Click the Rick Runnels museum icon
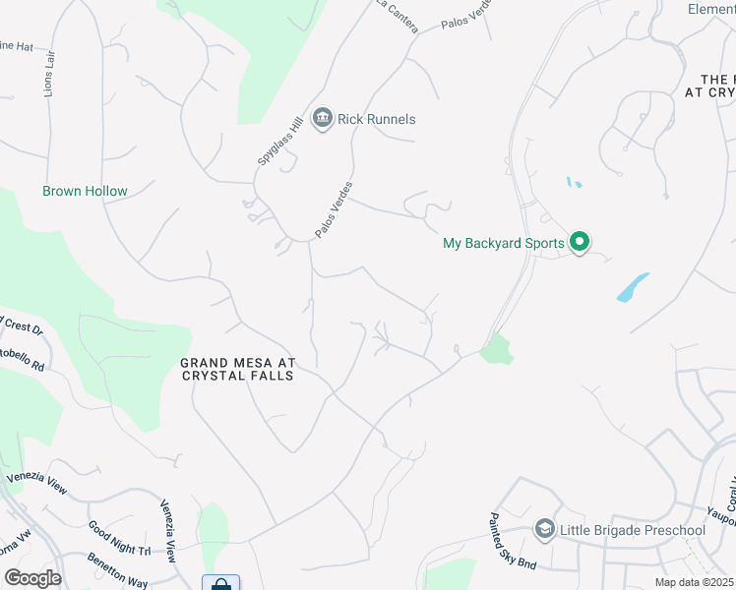[x=322, y=119]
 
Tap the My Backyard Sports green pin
[x=580, y=241]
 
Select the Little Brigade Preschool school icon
[x=544, y=530]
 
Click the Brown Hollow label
[x=85, y=191]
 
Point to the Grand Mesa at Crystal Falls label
[x=238, y=369]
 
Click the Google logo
[x=32, y=578]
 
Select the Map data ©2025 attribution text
[x=695, y=581]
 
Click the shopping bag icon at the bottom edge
[x=220, y=583]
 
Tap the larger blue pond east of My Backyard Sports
[x=633, y=287]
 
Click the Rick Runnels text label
[x=376, y=119]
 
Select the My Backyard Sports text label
[x=504, y=243]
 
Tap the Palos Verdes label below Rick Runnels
[x=334, y=209]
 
